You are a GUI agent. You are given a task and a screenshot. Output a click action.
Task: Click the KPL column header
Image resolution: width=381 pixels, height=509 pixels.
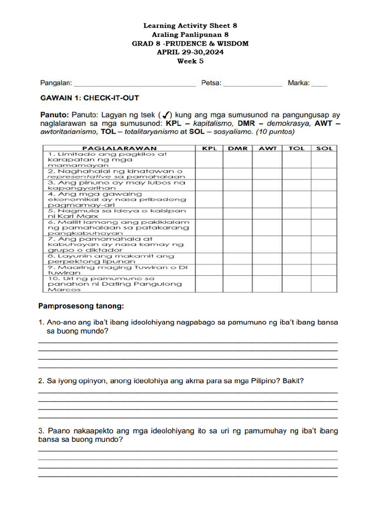point(209,148)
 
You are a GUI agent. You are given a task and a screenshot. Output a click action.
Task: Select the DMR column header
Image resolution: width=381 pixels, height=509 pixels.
point(238,148)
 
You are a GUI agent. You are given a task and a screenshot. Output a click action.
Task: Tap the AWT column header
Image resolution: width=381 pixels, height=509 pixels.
point(267,148)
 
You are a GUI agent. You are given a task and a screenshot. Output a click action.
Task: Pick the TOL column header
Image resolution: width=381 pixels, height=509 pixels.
point(297,148)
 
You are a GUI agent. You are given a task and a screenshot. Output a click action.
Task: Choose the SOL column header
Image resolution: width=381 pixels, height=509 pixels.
point(324,148)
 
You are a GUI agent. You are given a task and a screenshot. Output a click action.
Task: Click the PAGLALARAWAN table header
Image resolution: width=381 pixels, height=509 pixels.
point(119,148)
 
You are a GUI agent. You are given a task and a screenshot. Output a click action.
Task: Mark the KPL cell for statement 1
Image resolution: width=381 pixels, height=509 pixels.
point(209,160)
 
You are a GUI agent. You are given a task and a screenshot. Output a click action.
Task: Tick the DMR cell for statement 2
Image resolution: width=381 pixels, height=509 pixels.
point(238,173)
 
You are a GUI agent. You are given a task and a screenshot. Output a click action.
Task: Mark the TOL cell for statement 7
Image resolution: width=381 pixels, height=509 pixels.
point(297,244)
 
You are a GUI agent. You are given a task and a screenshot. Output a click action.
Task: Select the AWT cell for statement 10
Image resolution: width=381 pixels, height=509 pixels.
point(267,284)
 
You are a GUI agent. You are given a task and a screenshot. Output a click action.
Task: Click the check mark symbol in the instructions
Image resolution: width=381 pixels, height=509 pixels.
point(167,115)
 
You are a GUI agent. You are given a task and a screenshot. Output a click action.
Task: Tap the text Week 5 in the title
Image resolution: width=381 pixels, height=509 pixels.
point(190,61)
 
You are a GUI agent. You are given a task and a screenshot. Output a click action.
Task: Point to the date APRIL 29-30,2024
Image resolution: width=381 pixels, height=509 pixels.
point(190,52)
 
